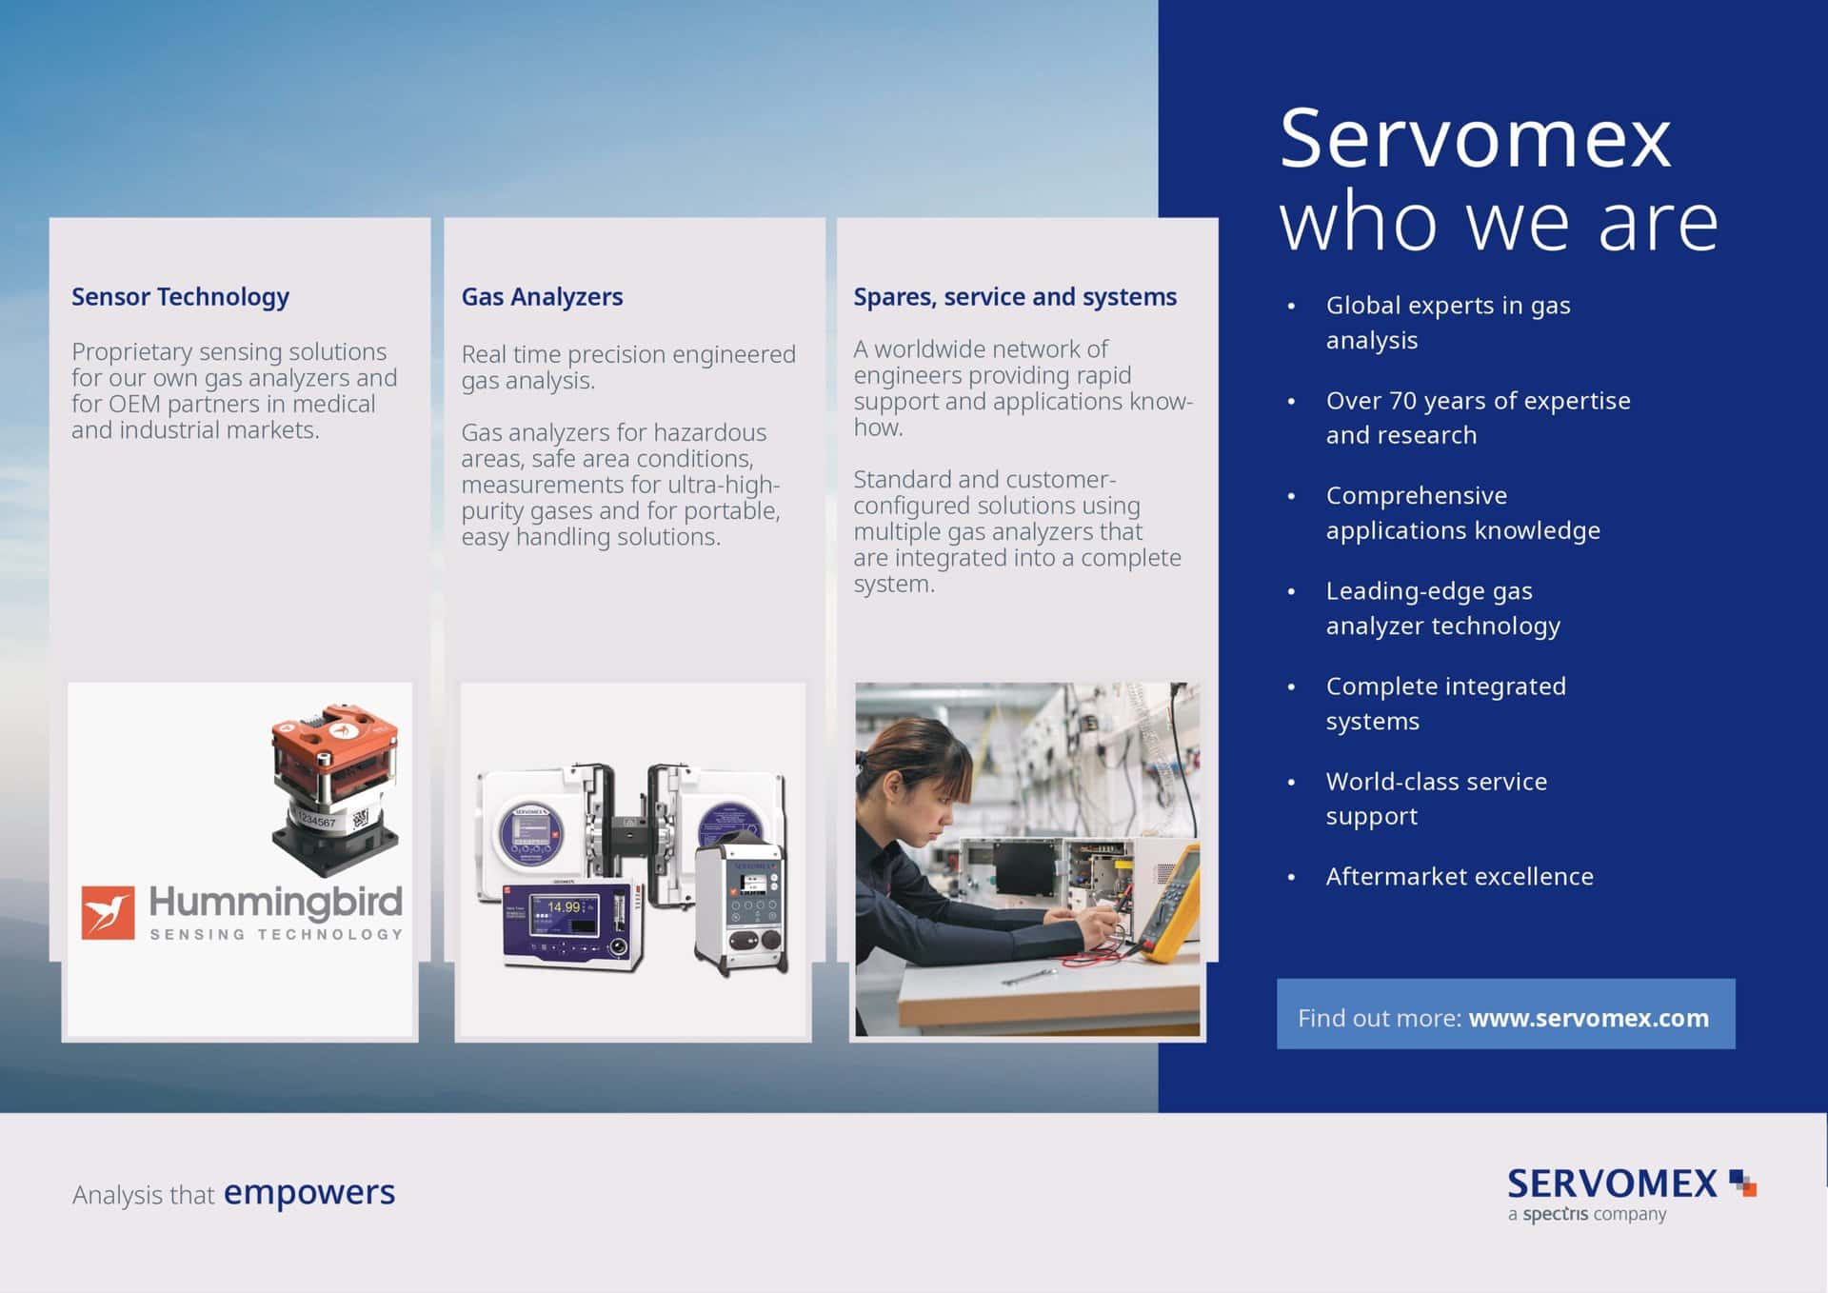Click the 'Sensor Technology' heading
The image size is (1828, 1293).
(180, 297)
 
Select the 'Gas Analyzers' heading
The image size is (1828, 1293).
(542, 297)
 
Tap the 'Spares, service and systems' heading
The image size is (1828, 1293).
(1015, 297)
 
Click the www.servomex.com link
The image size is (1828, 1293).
(1588, 1018)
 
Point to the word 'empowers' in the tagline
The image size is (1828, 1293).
(308, 1192)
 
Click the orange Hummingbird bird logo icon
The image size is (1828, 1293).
(108, 912)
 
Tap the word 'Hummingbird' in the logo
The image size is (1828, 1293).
(275, 902)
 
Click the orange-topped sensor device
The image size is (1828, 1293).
(334, 789)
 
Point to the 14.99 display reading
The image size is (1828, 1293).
(564, 907)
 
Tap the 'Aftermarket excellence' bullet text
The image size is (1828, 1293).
(1460, 876)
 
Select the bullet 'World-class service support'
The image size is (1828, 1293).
(1437, 799)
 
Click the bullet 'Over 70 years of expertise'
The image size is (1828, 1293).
(1479, 401)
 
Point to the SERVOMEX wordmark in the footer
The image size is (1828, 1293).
(1613, 1184)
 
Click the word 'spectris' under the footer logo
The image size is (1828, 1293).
(1556, 1215)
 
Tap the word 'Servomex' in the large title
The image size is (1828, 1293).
(1476, 139)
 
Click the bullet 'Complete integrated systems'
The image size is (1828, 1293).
(1446, 704)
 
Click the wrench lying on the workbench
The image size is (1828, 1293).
(1028, 976)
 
